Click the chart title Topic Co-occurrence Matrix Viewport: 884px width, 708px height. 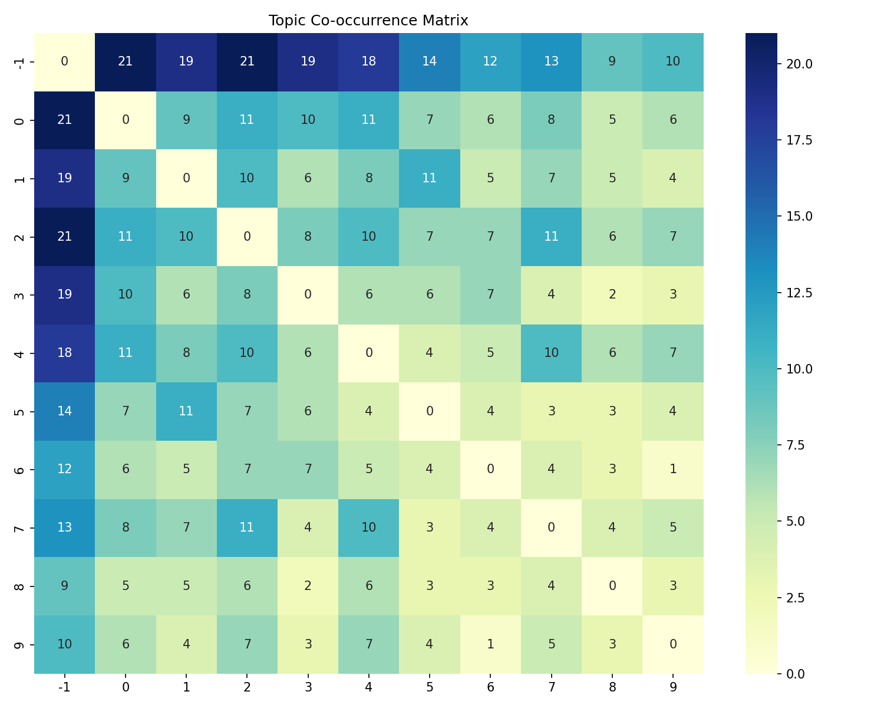point(368,21)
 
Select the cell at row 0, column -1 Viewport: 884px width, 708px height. point(64,120)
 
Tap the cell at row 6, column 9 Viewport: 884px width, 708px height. point(672,469)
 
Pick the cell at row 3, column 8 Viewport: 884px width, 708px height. point(612,294)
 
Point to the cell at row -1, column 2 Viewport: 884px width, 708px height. point(247,61)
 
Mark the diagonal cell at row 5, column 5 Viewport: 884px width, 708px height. point(430,411)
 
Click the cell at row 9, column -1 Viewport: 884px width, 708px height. point(64,644)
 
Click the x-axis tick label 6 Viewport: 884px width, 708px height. point(490,687)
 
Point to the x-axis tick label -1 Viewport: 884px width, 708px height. point(64,687)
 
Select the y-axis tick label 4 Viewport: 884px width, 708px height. point(19,353)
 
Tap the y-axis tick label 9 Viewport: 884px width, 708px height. point(19,644)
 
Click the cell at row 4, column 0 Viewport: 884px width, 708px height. point(126,353)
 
